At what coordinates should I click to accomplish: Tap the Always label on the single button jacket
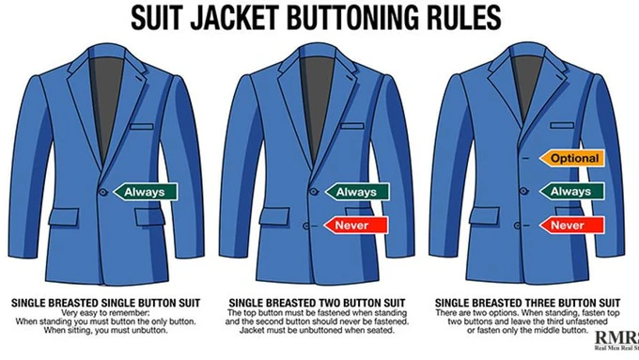coord(145,192)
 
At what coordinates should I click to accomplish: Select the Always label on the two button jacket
coord(357,192)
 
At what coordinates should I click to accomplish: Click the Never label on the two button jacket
coord(356,226)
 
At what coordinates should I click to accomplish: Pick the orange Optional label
coord(571,158)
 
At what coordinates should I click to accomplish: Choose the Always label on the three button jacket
coord(571,192)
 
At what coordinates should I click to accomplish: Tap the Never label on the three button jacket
coord(571,225)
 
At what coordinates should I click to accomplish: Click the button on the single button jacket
coord(103,192)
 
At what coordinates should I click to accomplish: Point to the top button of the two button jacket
coord(313,191)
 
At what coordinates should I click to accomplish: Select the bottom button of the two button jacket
coord(306,226)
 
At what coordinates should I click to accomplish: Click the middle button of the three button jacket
coord(523,191)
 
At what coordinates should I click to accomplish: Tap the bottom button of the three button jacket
coord(517,225)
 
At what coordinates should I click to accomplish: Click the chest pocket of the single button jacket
coord(142,127)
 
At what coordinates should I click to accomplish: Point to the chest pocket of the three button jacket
coord(562,126)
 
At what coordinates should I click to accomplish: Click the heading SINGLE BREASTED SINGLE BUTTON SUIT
coord(106,304)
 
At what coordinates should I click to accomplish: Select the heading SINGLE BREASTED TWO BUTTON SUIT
coord(317,304)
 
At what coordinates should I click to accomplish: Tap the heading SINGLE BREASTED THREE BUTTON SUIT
coord(528,304)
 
